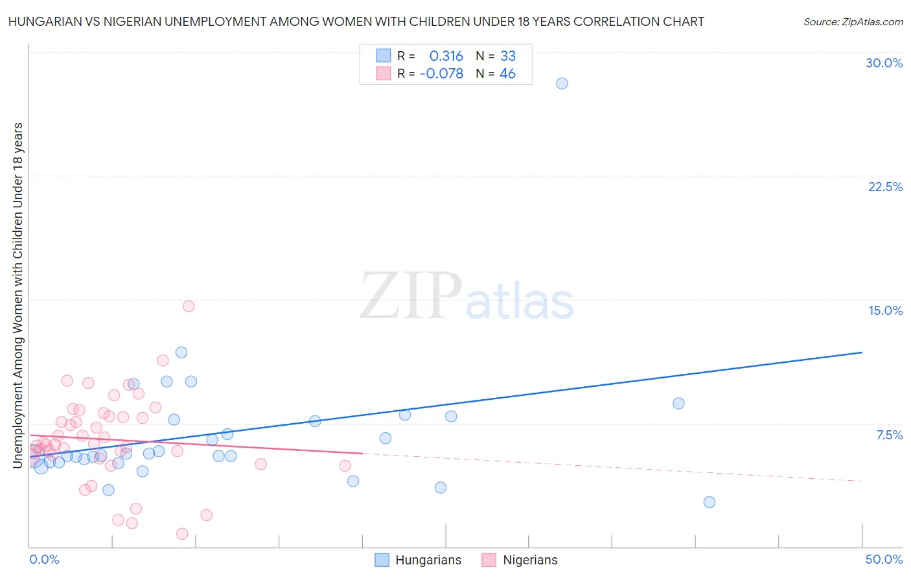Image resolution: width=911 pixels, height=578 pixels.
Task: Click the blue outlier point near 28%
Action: [x=562, y=84]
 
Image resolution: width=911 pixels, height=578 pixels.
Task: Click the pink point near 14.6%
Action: [x=189, y=306]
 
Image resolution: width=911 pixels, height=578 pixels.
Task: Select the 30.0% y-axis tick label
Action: [x=884, y=63]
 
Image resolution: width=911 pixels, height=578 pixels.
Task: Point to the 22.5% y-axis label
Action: [x=885, y=187]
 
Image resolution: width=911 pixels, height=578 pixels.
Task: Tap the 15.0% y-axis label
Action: [x=885, y=310]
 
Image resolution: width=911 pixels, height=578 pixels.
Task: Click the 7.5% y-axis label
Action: [x=889, y=435]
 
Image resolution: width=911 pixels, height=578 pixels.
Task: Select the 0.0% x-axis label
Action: [x=44, y=559]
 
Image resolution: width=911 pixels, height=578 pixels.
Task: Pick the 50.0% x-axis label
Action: [x=884, y=559]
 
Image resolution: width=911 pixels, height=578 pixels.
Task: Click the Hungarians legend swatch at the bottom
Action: [x=382, y=560]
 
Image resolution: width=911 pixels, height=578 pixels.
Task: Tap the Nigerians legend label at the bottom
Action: [x=530, y=560]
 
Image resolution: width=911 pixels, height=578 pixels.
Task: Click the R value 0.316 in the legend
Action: [x=446, y=56]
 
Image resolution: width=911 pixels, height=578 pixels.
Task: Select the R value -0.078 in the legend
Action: [x=441, y=74]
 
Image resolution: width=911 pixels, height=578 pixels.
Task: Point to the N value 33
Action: [x=508, y=56]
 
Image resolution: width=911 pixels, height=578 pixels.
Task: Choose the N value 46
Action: [x=507, y=74]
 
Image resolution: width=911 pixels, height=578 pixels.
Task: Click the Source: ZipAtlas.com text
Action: [x=853, y=22]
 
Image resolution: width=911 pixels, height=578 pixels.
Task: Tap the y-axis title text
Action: [x=17, y=295]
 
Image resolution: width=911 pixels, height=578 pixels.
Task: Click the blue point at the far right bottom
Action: [x=709, y=502]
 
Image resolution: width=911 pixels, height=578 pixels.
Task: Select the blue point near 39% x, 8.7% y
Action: [x=678, y=403]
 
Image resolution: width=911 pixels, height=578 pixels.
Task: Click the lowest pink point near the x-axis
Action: [x=182, y=534]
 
